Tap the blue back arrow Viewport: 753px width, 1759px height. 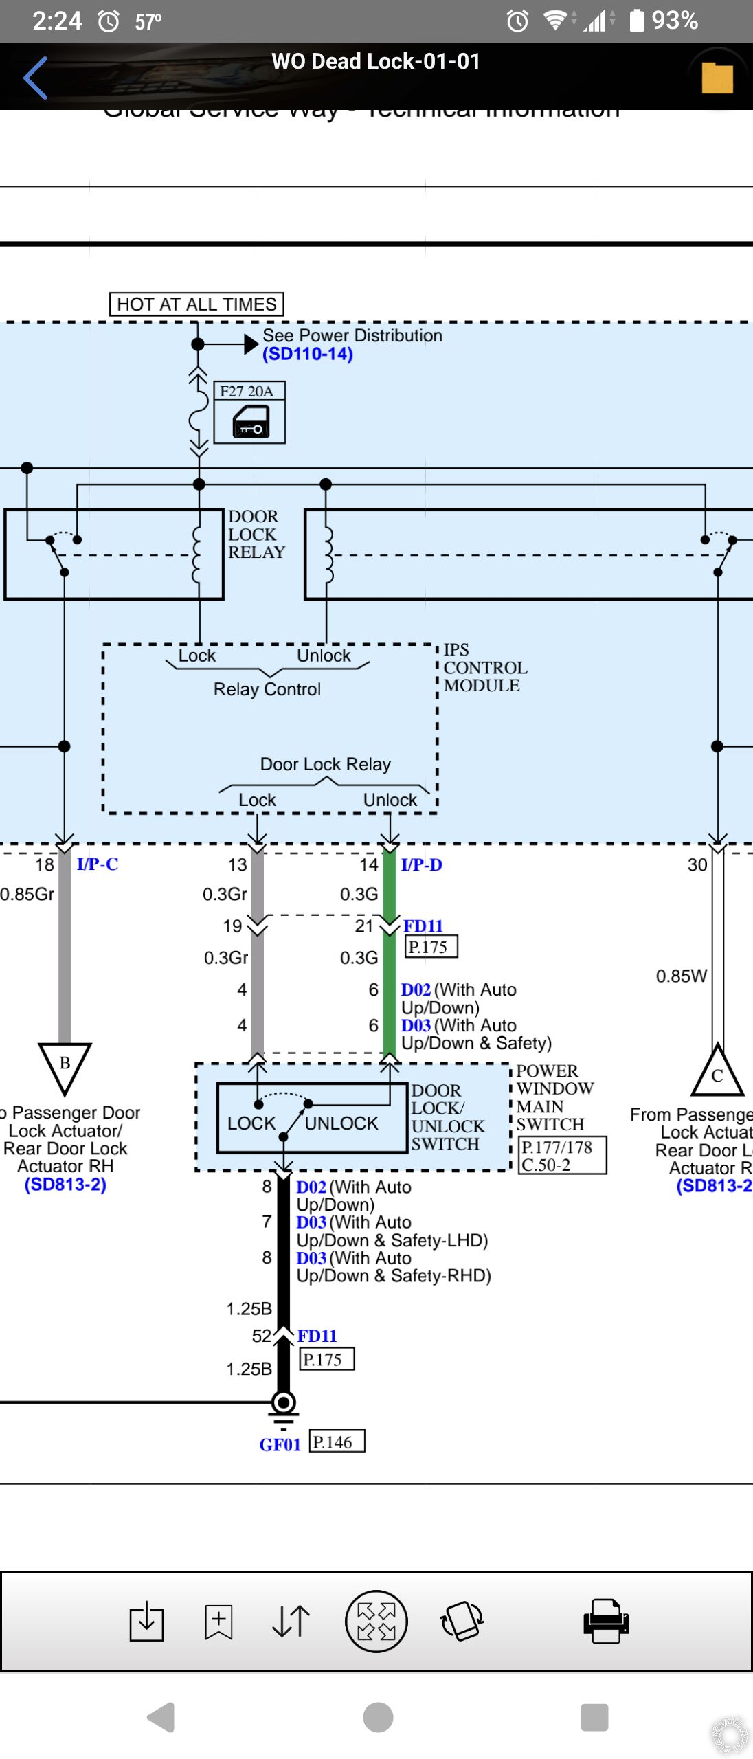click(35, 78)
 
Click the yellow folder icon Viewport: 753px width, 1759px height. click(717, 78)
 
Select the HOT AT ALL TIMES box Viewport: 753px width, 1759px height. click(196, 304)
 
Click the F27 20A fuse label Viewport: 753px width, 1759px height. click(247, 391)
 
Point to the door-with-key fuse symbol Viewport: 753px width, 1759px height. click(251, 421)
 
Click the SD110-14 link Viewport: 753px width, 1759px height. click(308, 354)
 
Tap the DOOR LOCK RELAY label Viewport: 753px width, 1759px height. click(256, 534)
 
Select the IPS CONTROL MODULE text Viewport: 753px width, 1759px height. click(484, 667)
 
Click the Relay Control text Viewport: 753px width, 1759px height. click(267, 689)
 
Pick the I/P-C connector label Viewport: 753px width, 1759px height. click(98, 864)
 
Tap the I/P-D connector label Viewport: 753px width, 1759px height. click(421, 864)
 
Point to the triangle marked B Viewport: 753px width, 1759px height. click(65, 1064)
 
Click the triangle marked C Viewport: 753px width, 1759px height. click(717, 1073)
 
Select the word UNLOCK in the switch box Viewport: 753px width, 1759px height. click(341, 1123)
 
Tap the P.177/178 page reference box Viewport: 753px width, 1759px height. click(562, 1155)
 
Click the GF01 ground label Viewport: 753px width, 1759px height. click(280, 1444)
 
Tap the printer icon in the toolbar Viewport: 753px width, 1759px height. click(605, 1621)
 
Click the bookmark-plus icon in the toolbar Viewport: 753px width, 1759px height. click(218, 1621)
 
